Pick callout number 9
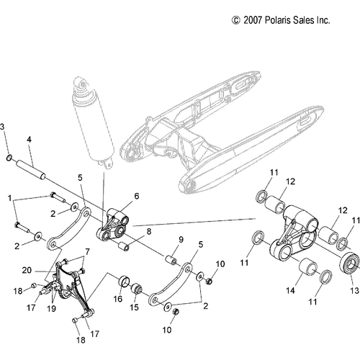click(x=181, y=239)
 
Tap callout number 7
click(x=89, y=251)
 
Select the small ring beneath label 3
click(x=8, y=157)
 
